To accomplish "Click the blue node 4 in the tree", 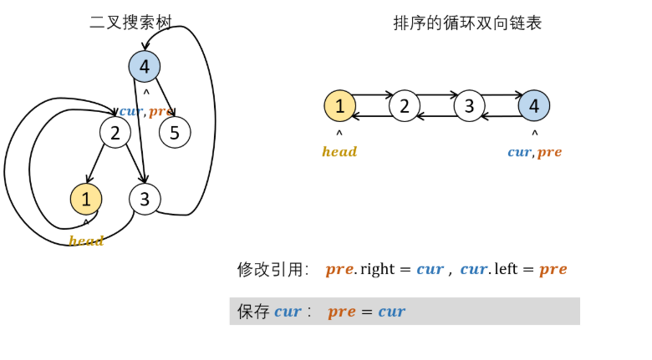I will tap(145, 67).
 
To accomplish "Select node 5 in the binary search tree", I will tap(175, 132).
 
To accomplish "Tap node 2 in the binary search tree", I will tap(115, 132).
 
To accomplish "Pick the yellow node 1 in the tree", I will tap(86, 199).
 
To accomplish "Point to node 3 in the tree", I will tap(145, 199).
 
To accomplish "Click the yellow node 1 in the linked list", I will tap(339, 106).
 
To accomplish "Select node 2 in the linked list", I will tap(405, 106).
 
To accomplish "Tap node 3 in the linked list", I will tap(470, 106).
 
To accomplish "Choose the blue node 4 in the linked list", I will tap(534, 106).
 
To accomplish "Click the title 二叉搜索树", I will tap(130, 23).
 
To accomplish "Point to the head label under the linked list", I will tap(339, 152).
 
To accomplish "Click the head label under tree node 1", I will tap(86, 241).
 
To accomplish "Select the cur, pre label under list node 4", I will tap(534, 152).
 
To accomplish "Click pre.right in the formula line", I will tap(364, 269).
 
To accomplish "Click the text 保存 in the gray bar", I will tap(253, 312).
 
